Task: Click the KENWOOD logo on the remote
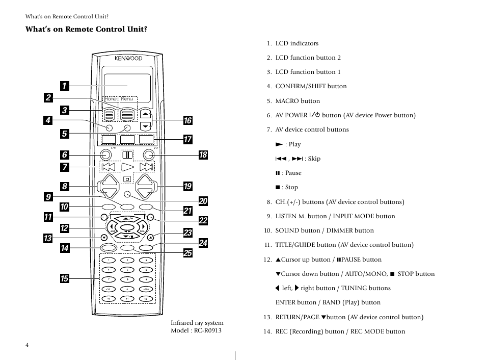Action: coord(128,59)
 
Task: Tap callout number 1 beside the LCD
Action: coord(64,86)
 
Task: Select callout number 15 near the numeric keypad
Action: coord(64,278)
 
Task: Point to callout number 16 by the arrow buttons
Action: coord(187,120)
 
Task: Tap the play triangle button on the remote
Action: coord(127,167)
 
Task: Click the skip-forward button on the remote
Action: coord(146,167)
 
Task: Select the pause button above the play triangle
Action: coord(127,155)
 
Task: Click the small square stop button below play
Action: coord(127,179)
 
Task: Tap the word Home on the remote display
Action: coord(111,99)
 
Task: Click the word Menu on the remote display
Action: coord(127,99)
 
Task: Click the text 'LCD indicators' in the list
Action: coord(297,43)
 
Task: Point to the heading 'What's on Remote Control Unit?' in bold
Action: coord(87,29)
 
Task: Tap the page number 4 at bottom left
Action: coord(28,345)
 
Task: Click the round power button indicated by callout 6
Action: coord(105,155)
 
